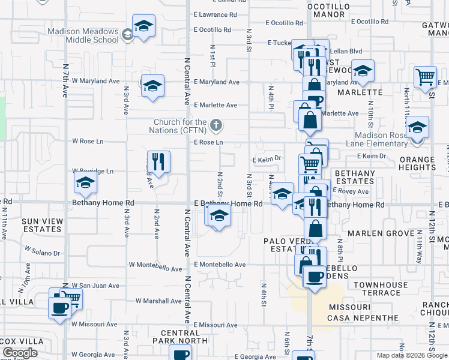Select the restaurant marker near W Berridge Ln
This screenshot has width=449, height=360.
point(158,161)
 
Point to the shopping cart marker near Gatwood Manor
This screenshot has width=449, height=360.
point(425,77)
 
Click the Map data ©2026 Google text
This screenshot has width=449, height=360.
point(412,355)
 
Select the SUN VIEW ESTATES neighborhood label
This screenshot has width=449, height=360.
point(42,225)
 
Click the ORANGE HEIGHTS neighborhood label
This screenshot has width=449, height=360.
point(417,163)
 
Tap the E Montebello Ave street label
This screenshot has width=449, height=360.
point(219,265)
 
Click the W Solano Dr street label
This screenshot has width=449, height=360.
point(42,250)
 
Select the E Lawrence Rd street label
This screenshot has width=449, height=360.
point(215,14)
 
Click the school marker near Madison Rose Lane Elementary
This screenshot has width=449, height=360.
point(417,127)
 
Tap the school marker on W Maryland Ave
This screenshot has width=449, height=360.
point(152,85)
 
